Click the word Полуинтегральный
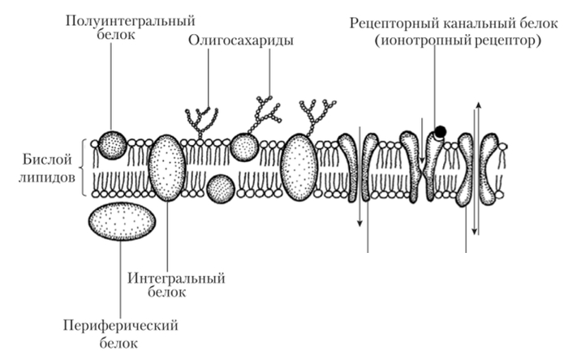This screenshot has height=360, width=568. pos(130,21)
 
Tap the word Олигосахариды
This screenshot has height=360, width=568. pos(240,41)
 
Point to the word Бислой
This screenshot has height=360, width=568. pos(47,160)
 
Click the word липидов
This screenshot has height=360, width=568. pos(47,178)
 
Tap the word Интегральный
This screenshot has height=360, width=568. pos(176,279)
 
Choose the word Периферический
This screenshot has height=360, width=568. pos(121,326)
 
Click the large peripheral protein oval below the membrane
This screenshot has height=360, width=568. pos(122,221)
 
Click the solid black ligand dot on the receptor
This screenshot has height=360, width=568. pos(440,131)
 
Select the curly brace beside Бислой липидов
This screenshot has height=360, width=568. pos(84,168)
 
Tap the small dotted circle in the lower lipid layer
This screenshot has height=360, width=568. pos(221,188)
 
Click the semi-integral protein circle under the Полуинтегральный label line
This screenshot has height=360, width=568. pos(112,145)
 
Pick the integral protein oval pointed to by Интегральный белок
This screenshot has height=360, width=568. pos(167,168)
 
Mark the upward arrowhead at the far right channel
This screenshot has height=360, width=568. pos(479,105)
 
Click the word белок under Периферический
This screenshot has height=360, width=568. pos(118,343)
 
